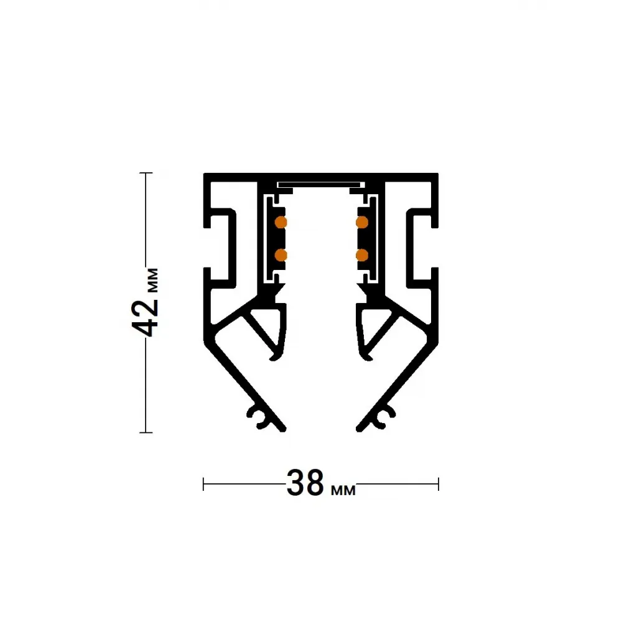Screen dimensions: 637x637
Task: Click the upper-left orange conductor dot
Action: click(x=281, y=222)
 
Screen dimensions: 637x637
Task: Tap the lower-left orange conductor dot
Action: click(x=281, y=255)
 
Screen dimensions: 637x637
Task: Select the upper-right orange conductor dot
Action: click(x=362, y=222)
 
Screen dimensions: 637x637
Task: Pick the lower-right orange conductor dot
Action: click(x=362, y=255)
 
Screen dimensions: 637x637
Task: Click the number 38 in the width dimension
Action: click(x=305, y=483)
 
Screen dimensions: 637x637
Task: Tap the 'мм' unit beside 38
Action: click(x=343, y=490)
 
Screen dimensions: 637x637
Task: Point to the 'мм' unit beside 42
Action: click(x=153, y=280)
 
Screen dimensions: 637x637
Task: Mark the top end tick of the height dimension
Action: click(x=146, y=173)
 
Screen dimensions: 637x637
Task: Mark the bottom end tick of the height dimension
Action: click(x=146, y=433)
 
